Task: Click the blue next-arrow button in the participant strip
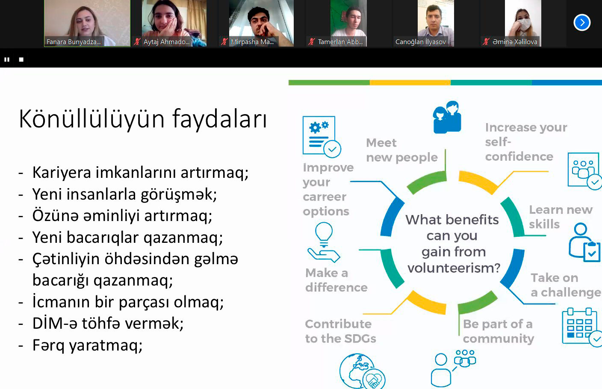582,23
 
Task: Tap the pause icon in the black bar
7,59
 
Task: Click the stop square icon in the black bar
21,59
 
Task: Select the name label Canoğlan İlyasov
421,41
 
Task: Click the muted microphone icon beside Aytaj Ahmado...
137,41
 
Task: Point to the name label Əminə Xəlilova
515,41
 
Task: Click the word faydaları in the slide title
220,119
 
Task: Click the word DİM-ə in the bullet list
54,323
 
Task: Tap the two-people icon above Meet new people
447,118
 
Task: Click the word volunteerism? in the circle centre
454,268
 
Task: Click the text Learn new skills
561,217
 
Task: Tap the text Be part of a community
498,332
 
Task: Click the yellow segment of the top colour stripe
410,83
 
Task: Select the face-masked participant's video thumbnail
523,23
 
